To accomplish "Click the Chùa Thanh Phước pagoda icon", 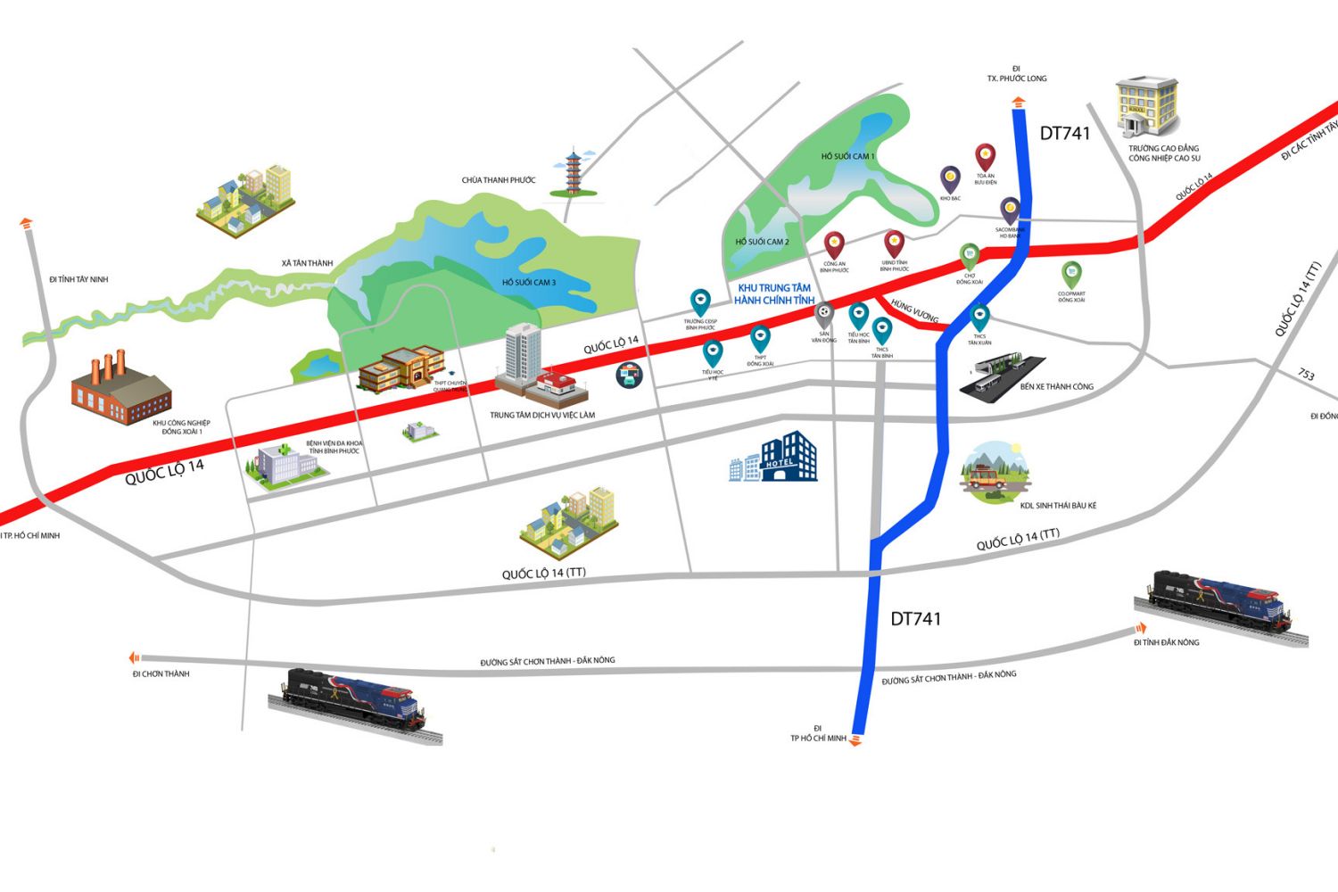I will pos(571,173).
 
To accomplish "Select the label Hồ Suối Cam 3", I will pos(528,283).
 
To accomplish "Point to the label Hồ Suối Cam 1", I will pos(847,157).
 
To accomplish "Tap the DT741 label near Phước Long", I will pos(1065,134).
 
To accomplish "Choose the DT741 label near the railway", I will pos(915,619).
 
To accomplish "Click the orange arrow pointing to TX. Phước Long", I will pos(1018,104).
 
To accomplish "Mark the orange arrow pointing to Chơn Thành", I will pos(135,658).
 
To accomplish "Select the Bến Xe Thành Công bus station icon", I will pos(1002,376).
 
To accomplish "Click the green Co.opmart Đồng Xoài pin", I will pos(1071,275).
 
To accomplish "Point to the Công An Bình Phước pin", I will pos(834,244).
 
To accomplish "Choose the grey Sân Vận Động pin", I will pos(824,314).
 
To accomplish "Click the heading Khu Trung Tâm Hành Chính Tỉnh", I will pos(774,294).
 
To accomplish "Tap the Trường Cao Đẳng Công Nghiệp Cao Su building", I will pos(1147,106).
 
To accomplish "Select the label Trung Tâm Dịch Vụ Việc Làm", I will pos(542,416).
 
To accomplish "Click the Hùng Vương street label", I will pos(915,310).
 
